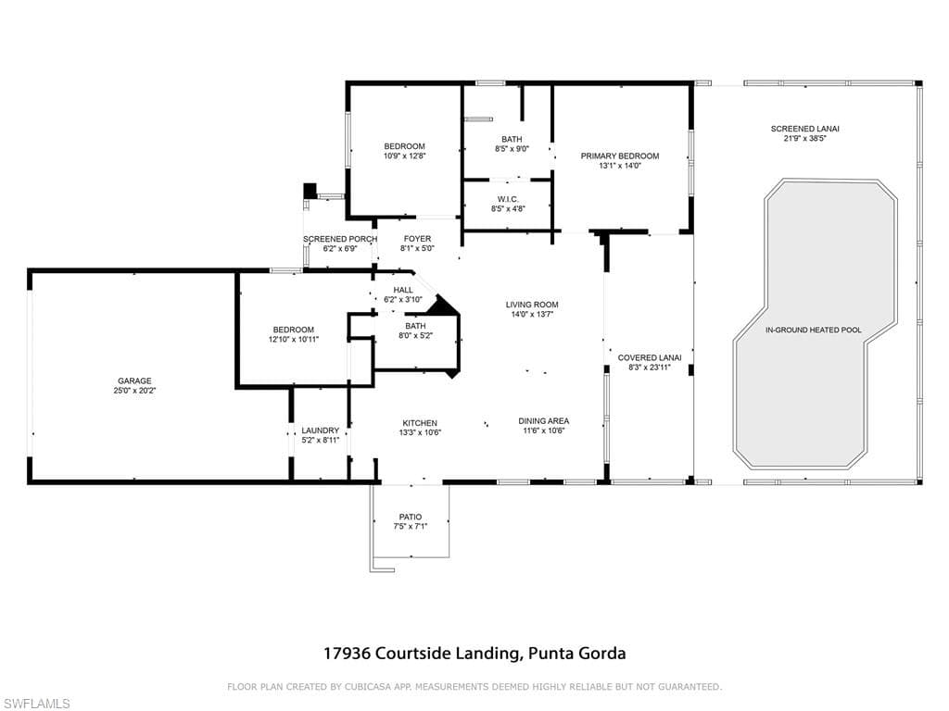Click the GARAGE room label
point(134,380)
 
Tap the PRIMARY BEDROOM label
point(620,156)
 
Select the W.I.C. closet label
point(508,200)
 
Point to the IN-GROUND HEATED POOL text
point(813,331)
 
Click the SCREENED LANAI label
point(805,129)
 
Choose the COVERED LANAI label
point(650,358)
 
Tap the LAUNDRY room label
point(320,430)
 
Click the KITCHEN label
point(420,423)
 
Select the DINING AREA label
point(543,421)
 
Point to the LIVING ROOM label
point(532,305)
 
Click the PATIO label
point(411,517)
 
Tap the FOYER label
point(418,239)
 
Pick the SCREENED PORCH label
point(340,239)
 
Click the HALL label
point(403,290)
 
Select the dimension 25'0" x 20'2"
point(134,391)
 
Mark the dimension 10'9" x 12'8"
point(404,156)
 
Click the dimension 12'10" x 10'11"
point(294,340)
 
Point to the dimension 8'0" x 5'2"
point(416,335)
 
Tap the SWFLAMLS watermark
point(35,704)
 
